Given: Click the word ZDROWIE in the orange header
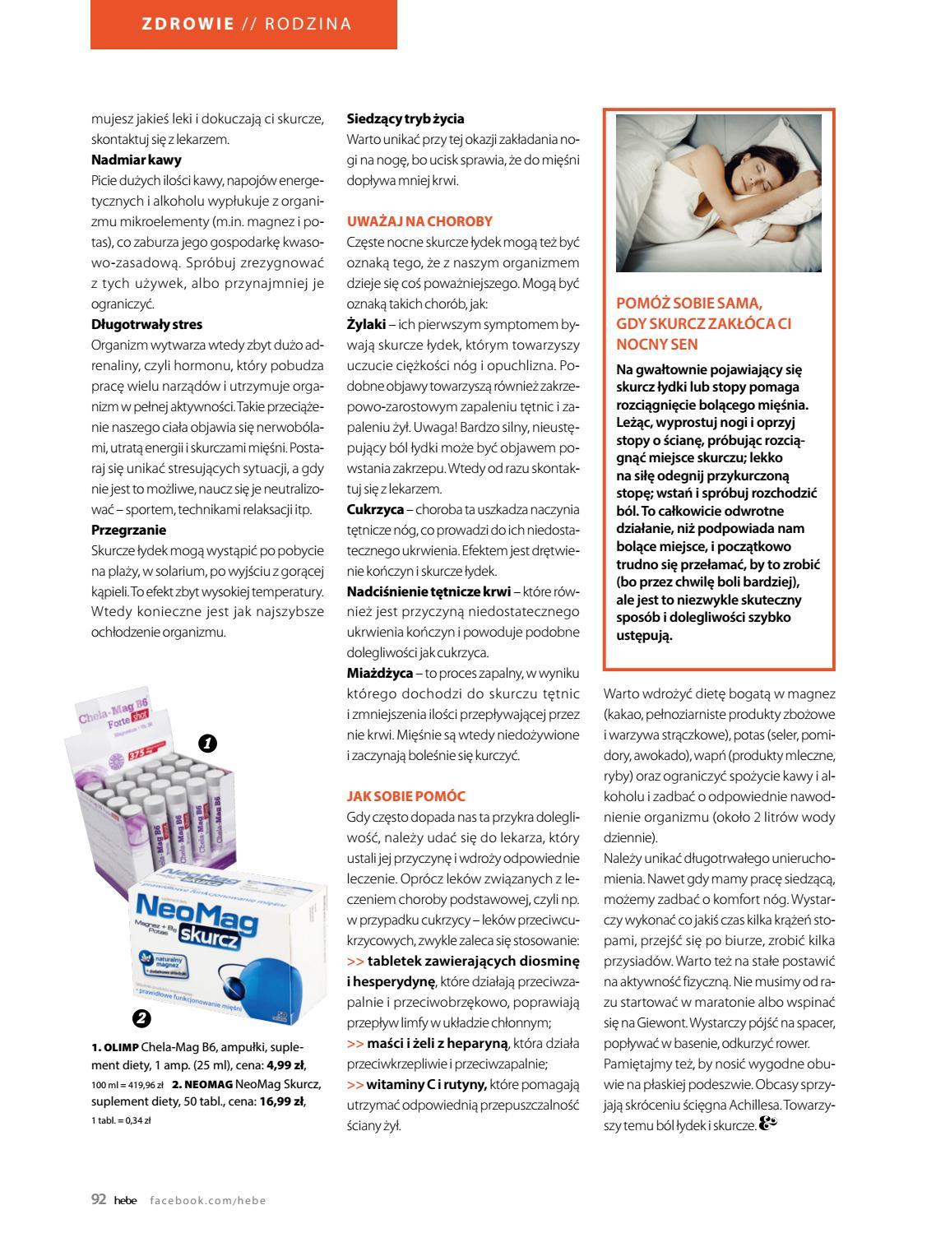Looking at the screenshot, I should pyautogui.click(x=188, y=24).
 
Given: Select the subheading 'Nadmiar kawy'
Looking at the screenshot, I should pyautogui.click(x=137, y=160).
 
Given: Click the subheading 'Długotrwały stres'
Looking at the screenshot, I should pyautogui.click(x=146, y=324).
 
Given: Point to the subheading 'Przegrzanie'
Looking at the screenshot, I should pyautogui.click(x=128, y=530).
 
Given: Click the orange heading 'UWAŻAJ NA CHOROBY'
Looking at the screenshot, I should pyautogui.click(x=419, y=221).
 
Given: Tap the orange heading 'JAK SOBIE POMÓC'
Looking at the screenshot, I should pyautogui.click(x=406, y=796).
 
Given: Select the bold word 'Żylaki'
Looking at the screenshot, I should pyautogui.click(x=365, y=324).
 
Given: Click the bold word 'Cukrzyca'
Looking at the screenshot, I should pyautogui.click(x=375, y=509).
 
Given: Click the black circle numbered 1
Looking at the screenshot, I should pyautogui.click(x=207, y=744).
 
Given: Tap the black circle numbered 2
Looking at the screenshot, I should pyautogui.click(x=141, y=1019).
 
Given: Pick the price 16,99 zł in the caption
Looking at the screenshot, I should pyautogui.click(x=281, y=1101).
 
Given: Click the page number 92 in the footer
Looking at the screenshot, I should pyautogui.click(x=99, y=1199).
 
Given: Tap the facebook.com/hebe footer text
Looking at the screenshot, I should pyautogui.click(x=208, y=1200).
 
